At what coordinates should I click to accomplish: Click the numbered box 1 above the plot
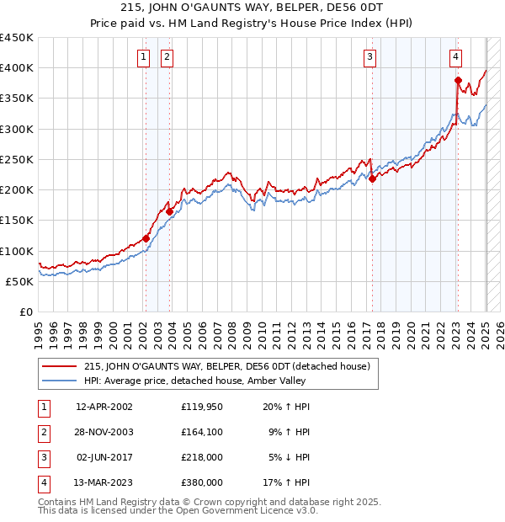pyautogui.click(x=144, y=57)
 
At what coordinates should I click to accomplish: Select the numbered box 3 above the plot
pyautogui.click(x=370, y=57)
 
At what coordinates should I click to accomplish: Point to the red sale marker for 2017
pyautogui.click(x=372, y=178)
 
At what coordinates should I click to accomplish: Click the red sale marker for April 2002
pyautogui.click(x=146, y=238)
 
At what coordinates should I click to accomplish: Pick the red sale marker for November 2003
pyautogui.click(x=170, y=211)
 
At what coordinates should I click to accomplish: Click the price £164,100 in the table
pyautogui.click(x=202, y=433)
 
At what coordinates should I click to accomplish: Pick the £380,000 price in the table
pyautogui.click(x=202, y=483)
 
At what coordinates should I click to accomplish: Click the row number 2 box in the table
pyautogui.click(x=42, y=433)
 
